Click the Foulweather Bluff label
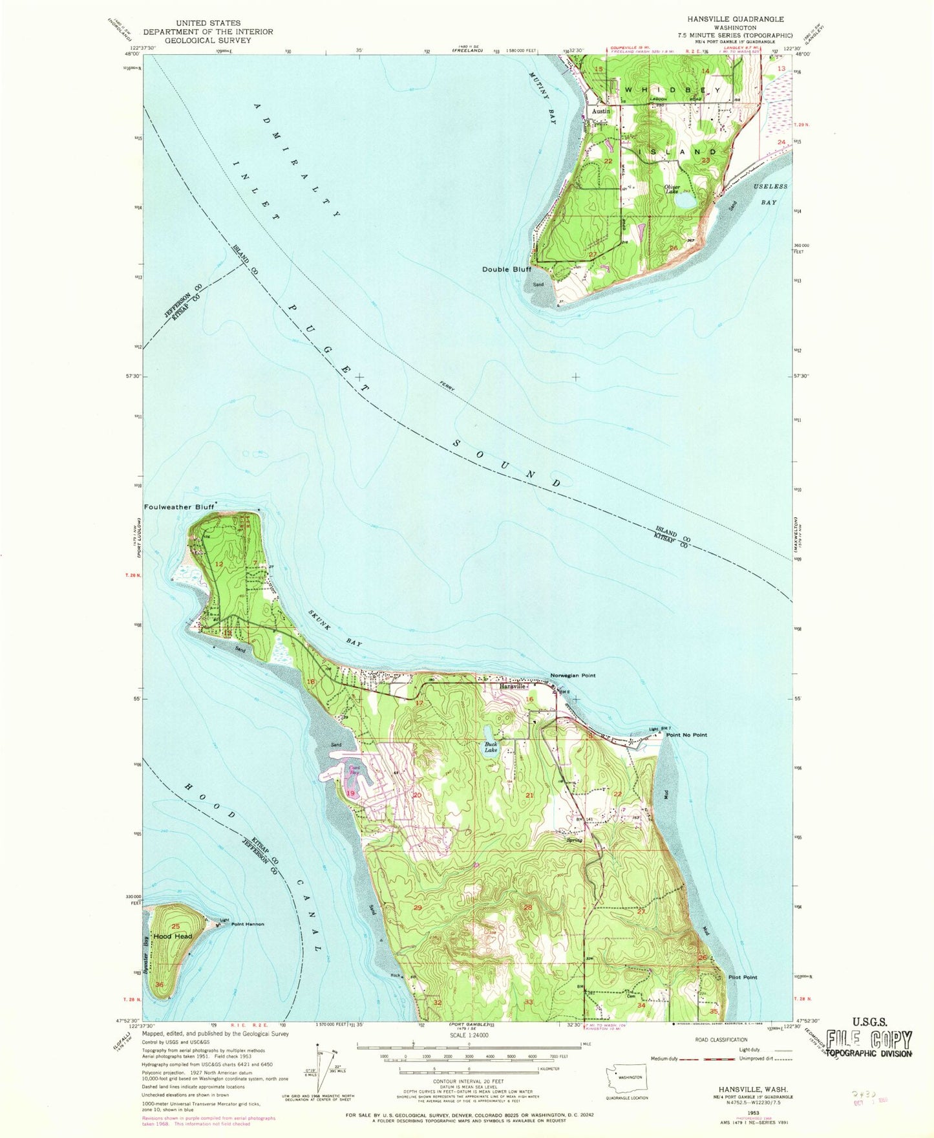click(x=178, y=507)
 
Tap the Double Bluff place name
click(x=506, y=269)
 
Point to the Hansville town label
click(x=514, y=687)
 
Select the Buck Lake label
click(x=491, y=747)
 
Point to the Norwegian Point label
click(x=573, y=675)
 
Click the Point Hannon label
click(x=248, y=924)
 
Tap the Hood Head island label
click(x=173, y=936)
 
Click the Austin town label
click(x=600, y=111)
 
